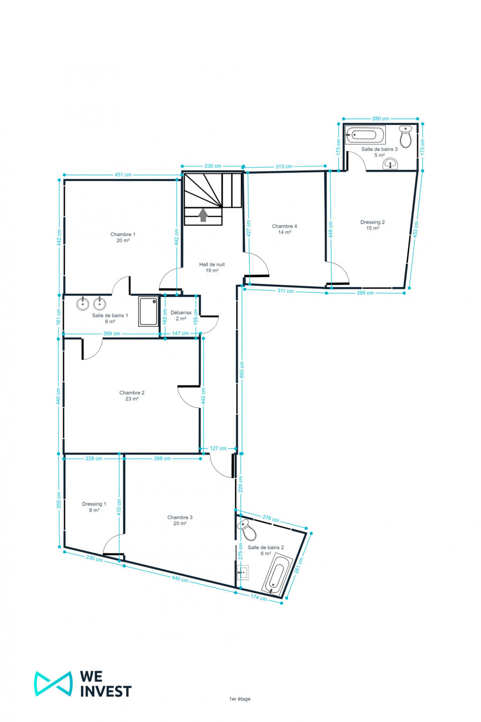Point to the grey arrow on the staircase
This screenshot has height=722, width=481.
click(203, 215)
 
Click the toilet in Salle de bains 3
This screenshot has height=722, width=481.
click(406, 136)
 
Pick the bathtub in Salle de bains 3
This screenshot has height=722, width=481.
click(365, 135)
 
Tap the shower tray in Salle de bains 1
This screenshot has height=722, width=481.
click(148, 311)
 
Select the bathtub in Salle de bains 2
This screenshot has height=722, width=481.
click(277, 574)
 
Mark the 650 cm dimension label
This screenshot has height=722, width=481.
click(242, 370)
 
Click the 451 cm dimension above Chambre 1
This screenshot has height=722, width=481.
click(123, 174)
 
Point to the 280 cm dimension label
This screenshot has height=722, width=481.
click(380, 119)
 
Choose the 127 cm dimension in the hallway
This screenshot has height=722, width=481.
click(218, 448)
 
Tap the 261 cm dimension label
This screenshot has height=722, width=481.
click(299, 566)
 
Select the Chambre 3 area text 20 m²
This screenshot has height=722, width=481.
click(180, 523)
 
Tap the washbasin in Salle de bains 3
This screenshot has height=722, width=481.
click(390, 164)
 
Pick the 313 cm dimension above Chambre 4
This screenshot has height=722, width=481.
click(284, 166)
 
